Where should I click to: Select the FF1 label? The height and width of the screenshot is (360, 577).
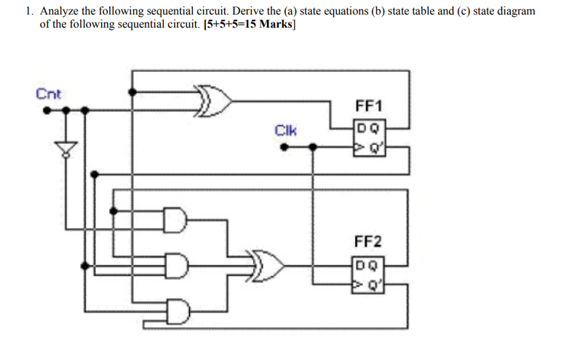click(370, 106)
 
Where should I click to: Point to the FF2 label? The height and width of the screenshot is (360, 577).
click(368, 241)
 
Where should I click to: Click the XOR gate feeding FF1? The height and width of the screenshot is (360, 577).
click(215, 102)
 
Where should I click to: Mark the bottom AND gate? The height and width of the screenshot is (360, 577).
click(176, 311)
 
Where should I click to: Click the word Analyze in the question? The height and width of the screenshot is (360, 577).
click(59, 12)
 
